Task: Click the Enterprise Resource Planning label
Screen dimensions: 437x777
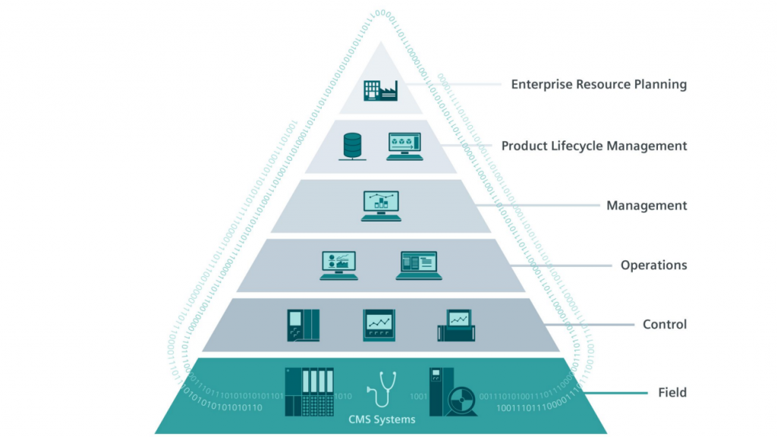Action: tap(599, 84)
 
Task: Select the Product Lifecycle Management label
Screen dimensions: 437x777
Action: tap(594, 145)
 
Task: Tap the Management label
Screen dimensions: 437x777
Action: tap(646, 205)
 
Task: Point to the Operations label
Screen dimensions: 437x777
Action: tap(653, 265)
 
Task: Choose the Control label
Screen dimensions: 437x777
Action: tap(665, 324)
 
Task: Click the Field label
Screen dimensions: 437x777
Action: tap(672, 392)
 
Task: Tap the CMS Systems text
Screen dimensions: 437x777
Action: tap(382, 420)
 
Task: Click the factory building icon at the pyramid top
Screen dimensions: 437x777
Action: tap(381, 92)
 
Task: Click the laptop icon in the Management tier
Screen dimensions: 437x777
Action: tap(381, 206)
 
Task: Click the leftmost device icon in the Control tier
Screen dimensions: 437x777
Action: tap(303, 325)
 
